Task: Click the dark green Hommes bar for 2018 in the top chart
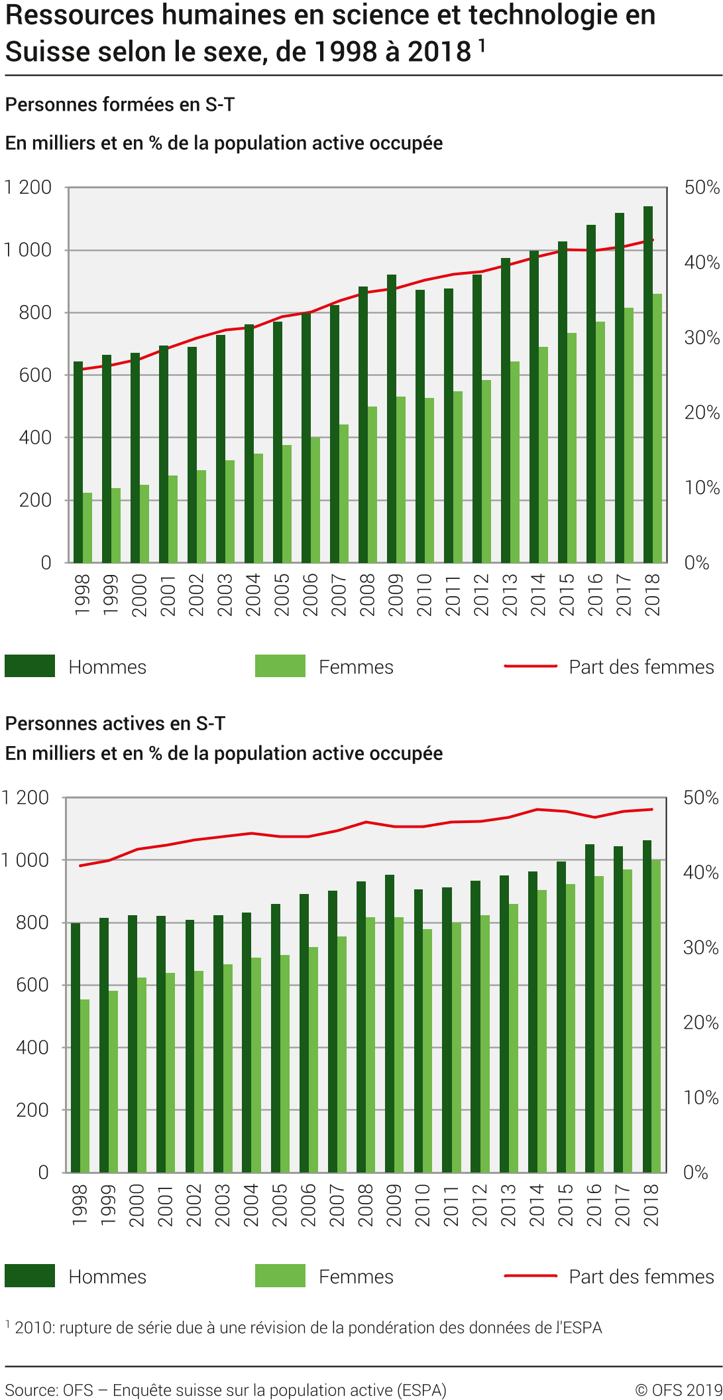648,385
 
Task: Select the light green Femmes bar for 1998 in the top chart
87,527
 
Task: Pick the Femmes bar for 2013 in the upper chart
515,462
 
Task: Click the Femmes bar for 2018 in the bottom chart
656,1016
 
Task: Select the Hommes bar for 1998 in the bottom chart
76,1048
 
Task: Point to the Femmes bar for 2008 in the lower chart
370,1045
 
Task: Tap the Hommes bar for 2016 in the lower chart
590,1008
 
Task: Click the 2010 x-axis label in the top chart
424,595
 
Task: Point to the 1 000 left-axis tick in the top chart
28,250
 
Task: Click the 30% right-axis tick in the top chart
702,338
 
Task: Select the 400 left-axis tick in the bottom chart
32,1047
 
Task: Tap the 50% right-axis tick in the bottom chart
700,797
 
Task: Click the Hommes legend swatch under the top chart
30,666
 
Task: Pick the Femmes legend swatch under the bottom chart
280,1275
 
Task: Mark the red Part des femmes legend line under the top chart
530,666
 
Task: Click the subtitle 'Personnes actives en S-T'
115,723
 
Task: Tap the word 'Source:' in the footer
31,1390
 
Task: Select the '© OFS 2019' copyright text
678,1390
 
